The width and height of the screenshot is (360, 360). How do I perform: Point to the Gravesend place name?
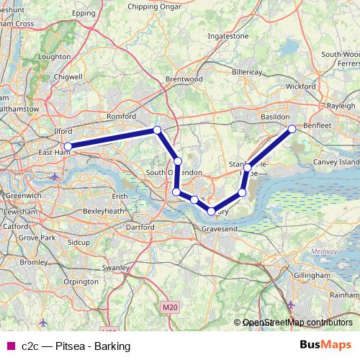click(x=219, y=228)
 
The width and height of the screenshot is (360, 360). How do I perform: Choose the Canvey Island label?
click(x=338, y=163)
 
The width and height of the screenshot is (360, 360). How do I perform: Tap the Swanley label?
click(x=115, y=267)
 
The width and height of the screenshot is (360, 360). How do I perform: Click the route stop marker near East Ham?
click(x=68, y=146)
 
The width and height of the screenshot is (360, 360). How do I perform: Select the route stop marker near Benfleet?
click(x=292, y=129)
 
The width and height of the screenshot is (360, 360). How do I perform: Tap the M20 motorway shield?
click(x=168, y=307)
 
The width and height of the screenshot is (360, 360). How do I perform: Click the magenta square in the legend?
click(x=10, y=346)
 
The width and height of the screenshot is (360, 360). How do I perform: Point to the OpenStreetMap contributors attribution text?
click(x=297, y=323)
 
